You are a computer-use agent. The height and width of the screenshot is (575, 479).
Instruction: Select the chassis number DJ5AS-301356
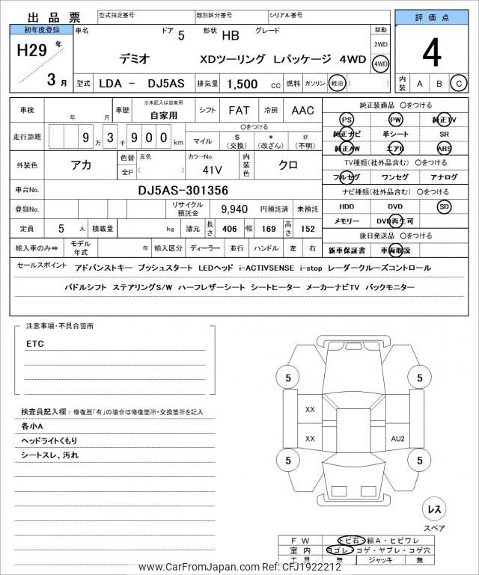tap(183, 191)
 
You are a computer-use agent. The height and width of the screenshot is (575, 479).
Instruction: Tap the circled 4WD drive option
tap(381, 64)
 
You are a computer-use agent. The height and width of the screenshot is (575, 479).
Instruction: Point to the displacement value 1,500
tap(242, 85)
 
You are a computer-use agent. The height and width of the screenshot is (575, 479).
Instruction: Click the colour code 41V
tap(202, 169)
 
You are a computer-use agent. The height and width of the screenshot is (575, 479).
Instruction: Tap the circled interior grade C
tap(458, 83)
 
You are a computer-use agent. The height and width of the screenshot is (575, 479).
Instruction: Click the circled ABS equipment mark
tap(445, 148)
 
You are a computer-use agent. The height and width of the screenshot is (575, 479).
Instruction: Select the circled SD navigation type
tap(445, 206)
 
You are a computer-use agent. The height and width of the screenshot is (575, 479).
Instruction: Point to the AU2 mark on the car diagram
tap(397, 438)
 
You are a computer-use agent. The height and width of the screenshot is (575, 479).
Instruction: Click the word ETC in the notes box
tap(35, 344)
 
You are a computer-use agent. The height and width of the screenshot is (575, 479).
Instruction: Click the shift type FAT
tap(239, 111)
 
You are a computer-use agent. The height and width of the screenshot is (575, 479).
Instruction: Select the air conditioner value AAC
tap(302, 111)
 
